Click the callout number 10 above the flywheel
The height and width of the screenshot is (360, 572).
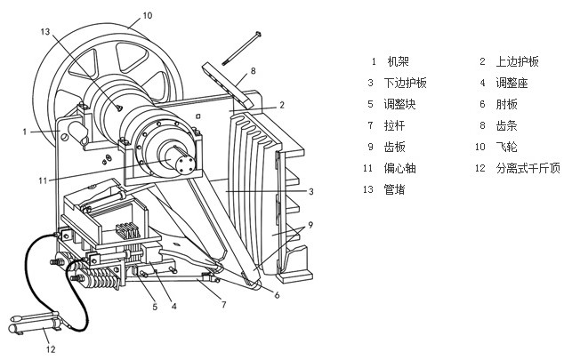(148, 16)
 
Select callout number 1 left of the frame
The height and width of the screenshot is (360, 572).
(26, 132)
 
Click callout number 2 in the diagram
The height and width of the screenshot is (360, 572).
(281, 105)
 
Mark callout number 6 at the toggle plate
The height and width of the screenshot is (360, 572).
(277, 295)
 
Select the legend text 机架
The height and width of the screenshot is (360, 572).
(397, 62)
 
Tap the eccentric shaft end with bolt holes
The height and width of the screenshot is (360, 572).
(185, 165)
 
